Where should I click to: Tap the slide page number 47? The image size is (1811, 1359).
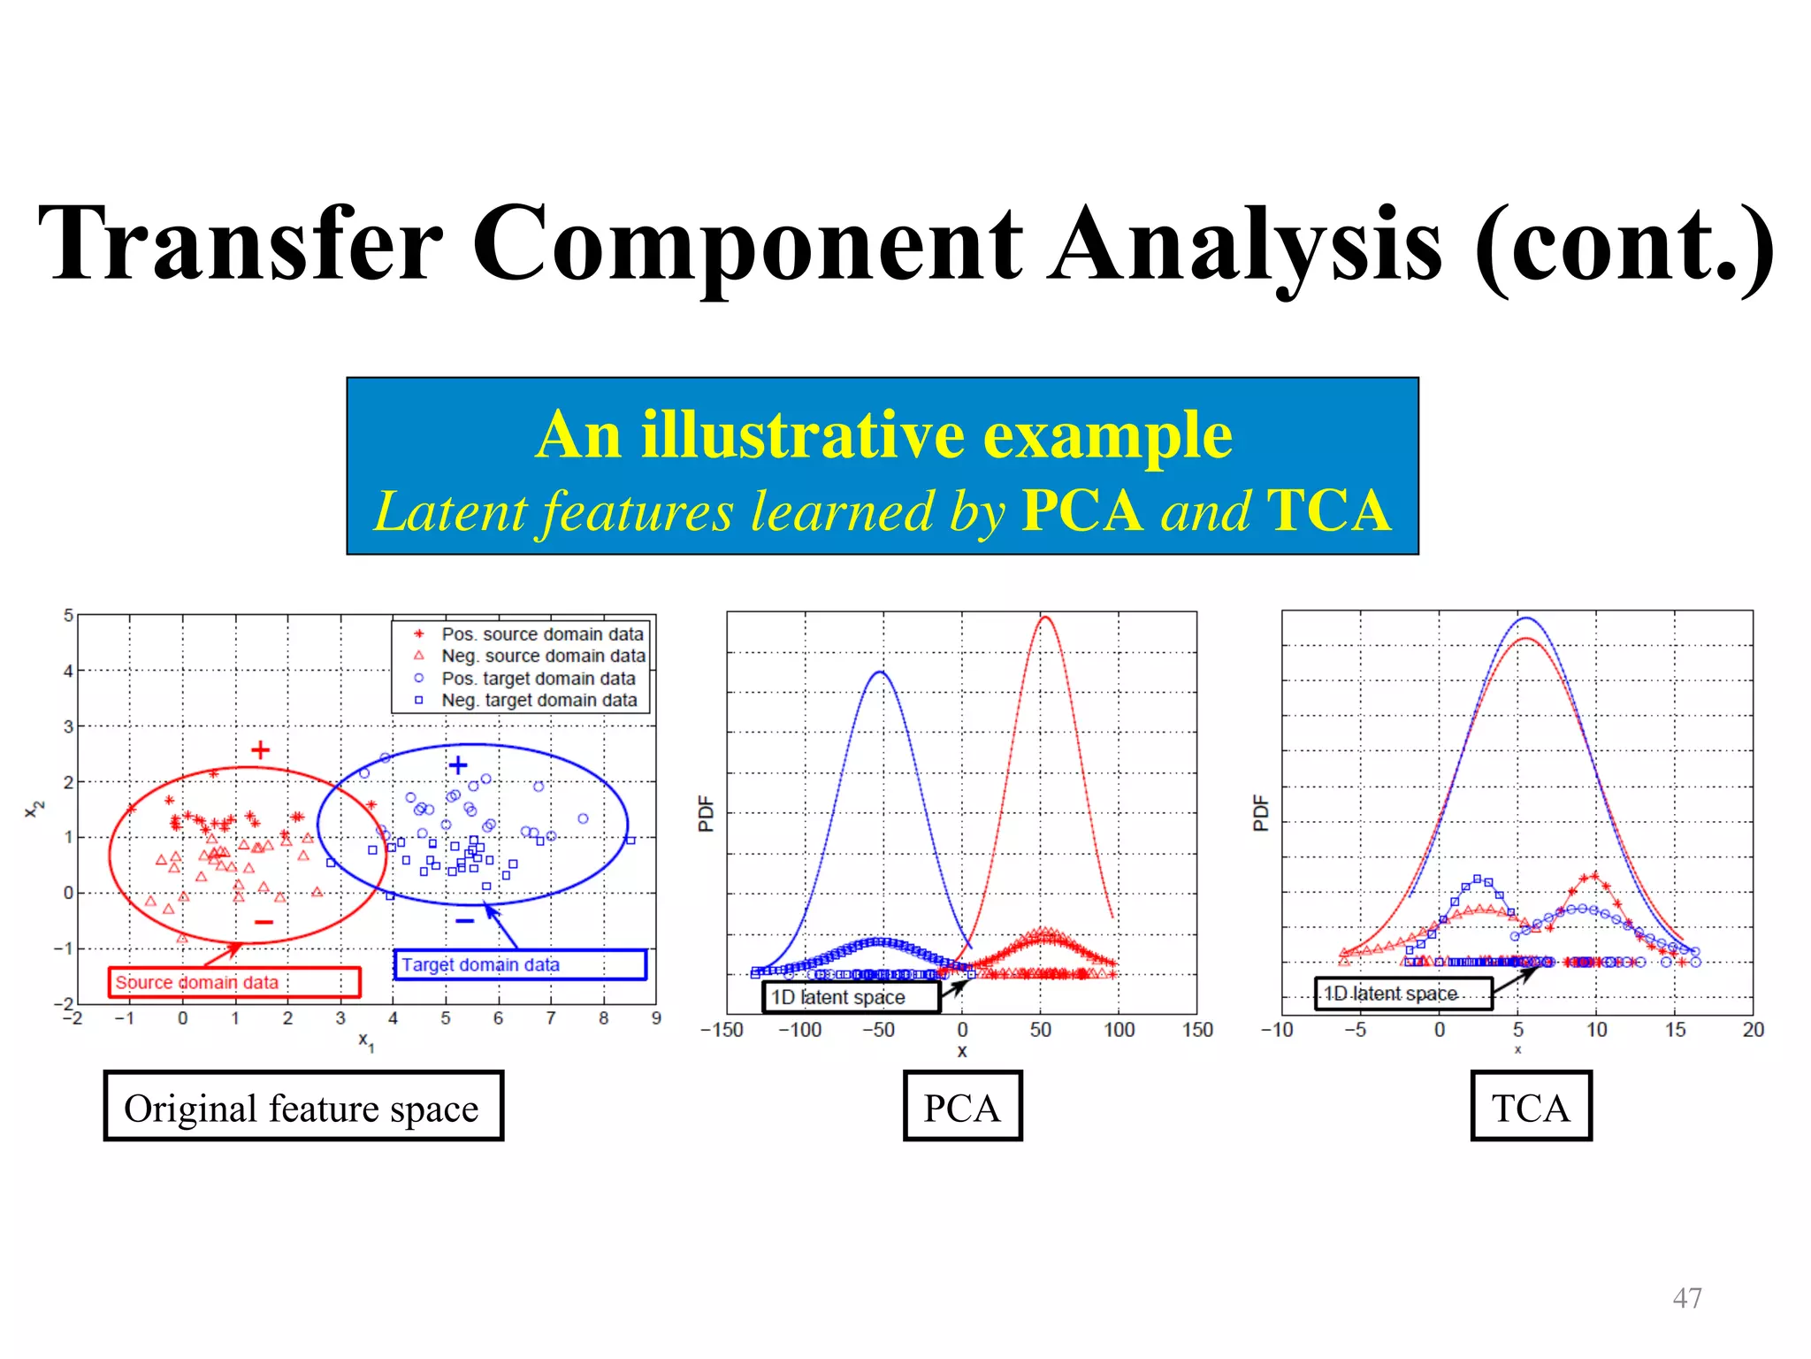[1686, 1298]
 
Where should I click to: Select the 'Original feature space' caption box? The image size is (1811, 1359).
[302, 1107]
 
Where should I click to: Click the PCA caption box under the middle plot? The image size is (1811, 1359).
[962, 1107]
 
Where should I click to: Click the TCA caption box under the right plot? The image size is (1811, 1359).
[1531, 1107]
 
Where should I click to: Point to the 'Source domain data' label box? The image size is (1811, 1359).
[234, 982]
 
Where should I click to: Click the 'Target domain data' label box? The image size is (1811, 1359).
[520, 964]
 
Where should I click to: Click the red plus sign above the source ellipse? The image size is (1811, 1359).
[260, 750]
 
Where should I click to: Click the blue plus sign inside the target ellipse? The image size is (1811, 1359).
[457, 764]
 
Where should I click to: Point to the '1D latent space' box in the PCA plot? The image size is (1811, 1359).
[851, 997]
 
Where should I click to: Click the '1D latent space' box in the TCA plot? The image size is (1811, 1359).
[1403, 994]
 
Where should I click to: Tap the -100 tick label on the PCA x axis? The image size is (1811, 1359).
[799, 1030]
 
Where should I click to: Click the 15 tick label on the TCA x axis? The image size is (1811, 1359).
[1675, 1030]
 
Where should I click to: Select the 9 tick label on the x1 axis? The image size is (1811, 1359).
[656, 1018]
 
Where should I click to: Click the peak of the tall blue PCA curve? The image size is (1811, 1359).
[881, 673]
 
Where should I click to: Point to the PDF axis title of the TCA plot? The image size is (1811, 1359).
[1261, 812]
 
